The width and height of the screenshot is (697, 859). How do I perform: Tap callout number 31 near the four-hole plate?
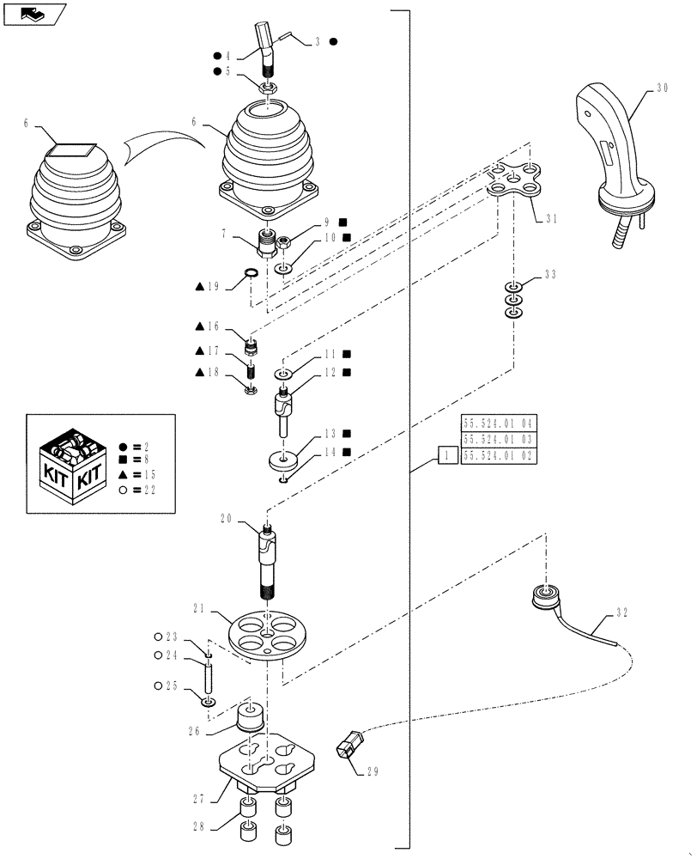point(549,218)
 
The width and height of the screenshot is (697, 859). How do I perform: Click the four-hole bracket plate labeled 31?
point(518,180)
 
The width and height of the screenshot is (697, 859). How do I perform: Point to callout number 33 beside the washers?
point(550,275)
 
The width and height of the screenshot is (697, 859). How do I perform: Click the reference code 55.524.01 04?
point(499,423)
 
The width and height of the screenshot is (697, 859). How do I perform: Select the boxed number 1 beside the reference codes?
point(446,456)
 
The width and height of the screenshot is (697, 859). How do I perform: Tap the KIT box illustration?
point(72,465)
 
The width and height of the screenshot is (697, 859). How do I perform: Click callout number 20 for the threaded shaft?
point(227,519)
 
